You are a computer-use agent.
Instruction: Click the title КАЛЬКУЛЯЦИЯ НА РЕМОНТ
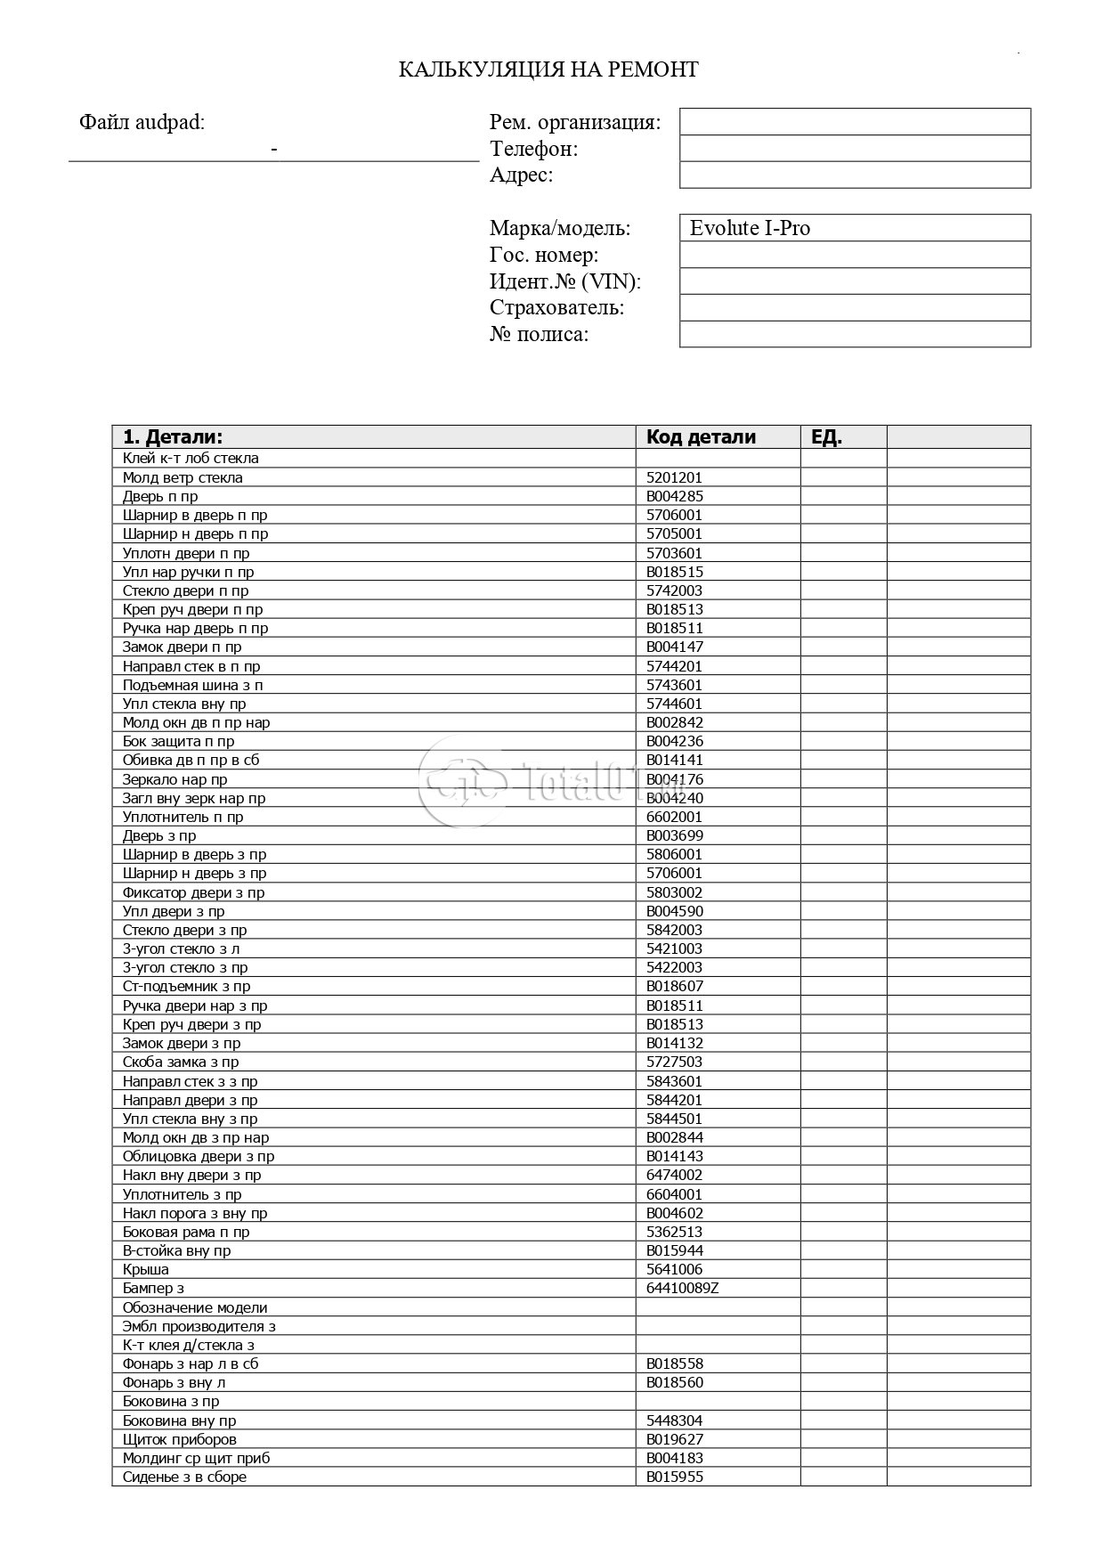tap(548, 69)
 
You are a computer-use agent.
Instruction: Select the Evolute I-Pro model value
tap(750, 228)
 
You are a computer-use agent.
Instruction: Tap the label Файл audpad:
tap(142, 122)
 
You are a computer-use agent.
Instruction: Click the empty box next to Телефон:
tap(854, 149)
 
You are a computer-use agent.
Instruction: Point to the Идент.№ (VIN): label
tap(565, 281)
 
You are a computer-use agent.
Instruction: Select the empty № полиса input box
tap(854, 335)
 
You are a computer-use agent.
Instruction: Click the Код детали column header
tap(701, 437)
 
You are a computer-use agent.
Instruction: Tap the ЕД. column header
tap(826, 437)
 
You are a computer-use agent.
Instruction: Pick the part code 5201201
tap(674, 477)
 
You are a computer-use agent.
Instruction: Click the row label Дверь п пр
tap(160, 496)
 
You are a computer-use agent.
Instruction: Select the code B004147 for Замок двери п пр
tap(675, 647)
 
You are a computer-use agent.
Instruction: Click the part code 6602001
tap(674, 817)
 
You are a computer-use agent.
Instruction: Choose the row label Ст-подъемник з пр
tap(186, 986)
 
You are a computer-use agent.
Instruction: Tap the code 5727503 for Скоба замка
tap(674, 1062)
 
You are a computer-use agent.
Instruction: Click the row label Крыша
tap(145, 1269)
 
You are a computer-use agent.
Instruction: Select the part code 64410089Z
tap(682, 1288)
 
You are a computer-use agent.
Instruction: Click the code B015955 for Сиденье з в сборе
tap(675, 1477)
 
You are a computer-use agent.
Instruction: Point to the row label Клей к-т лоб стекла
tap(191, 459)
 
